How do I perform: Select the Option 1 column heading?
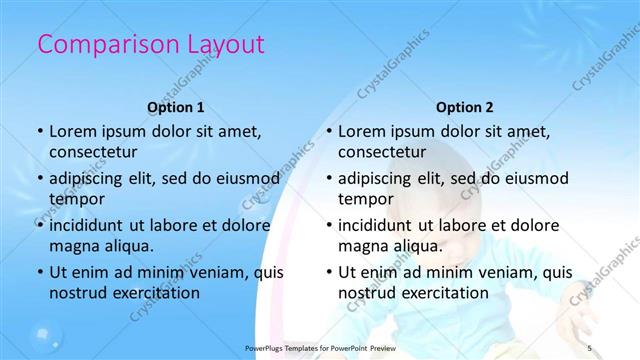tap(176, 107)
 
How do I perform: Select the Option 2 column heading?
tap(465, 107)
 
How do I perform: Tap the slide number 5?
tap(591, 347)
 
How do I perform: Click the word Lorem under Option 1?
tap(71, 131)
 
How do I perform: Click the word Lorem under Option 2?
tap(360, 131)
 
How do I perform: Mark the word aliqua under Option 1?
tap(125, 246)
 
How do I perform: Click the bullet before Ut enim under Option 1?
tap(39, 272)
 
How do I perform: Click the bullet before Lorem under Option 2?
tap(328, 132)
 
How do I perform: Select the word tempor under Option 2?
tap(366, 200)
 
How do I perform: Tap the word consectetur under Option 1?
tap(93, 153)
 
